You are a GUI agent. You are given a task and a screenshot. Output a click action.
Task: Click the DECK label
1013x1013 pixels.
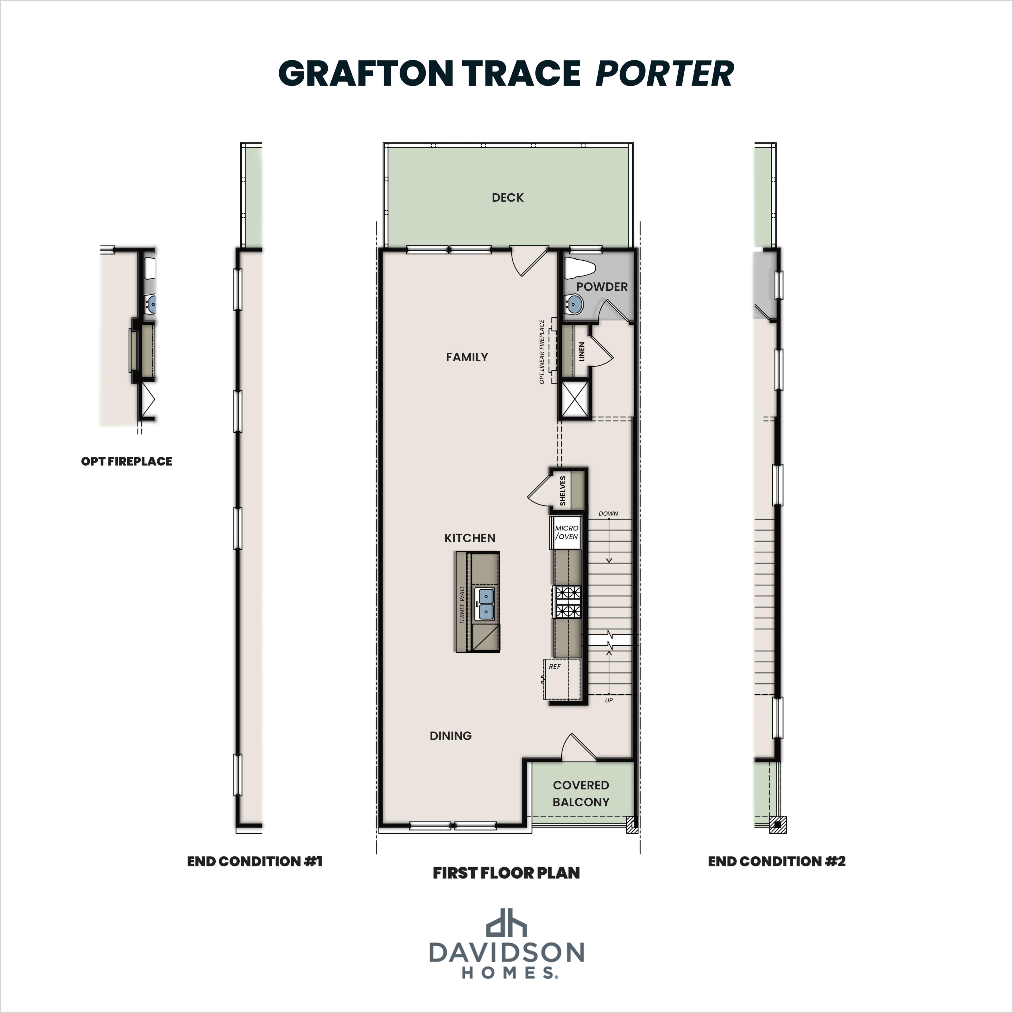coord(508,198)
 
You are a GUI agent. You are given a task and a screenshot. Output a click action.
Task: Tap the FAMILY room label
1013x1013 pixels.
coord(467,357)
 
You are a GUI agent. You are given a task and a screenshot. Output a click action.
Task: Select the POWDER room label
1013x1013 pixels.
coord(601,287)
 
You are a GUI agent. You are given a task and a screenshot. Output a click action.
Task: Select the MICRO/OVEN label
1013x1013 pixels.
coord(566,532)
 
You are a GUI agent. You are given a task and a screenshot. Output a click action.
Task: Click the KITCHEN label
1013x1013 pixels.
coord(470,538)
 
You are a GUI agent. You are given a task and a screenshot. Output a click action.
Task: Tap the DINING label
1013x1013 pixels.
coord(450,736)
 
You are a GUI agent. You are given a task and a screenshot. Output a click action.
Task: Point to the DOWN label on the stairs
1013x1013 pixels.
coord(608,513)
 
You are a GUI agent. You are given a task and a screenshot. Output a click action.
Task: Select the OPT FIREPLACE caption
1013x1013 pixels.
coord(126,461)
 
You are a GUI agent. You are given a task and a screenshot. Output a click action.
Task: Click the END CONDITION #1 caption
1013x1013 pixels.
coord(254,862)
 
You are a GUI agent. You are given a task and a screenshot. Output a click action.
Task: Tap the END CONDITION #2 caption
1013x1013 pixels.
coord(777,862)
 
